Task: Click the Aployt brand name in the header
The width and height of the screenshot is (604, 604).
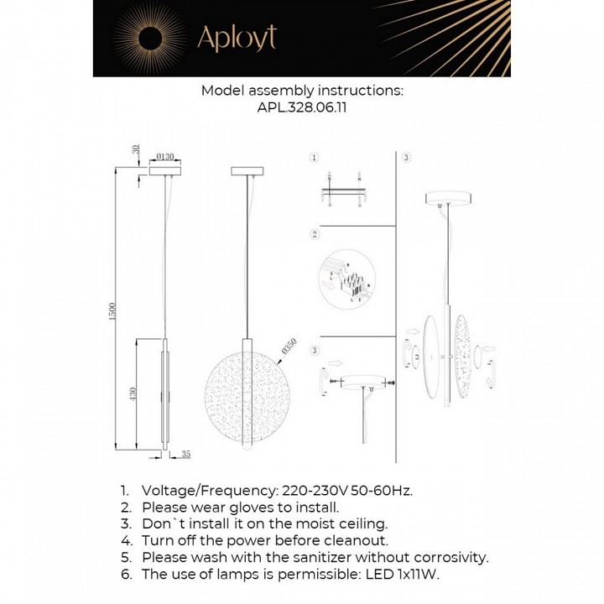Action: coord(236,38)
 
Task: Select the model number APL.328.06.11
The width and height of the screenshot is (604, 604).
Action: coord(302,108)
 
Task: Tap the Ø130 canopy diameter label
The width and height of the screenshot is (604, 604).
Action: coord(165,156)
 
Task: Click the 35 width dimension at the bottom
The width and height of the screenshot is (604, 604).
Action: coord(186,455)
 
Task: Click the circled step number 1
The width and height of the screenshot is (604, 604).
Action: coord(315,157)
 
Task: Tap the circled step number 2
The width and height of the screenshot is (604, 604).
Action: coord(315,234)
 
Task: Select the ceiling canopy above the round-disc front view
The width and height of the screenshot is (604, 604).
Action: coord(247,170)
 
